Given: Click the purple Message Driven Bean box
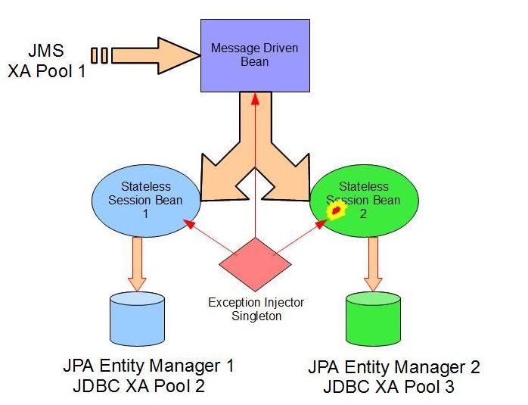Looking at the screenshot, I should click(255, 54).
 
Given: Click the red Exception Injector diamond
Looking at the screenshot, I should click(255, 263).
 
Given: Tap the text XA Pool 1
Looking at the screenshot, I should click(45, 74).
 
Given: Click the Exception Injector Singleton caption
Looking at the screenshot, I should click(256, 309).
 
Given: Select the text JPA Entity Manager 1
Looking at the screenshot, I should click(148, 366).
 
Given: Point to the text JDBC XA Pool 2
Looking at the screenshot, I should click(139, 386).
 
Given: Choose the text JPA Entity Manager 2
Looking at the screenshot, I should click(394, 368).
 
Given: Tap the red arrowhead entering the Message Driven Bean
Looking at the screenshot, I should click(255, 98).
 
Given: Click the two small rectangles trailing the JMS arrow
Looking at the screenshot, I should click(99, 55).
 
